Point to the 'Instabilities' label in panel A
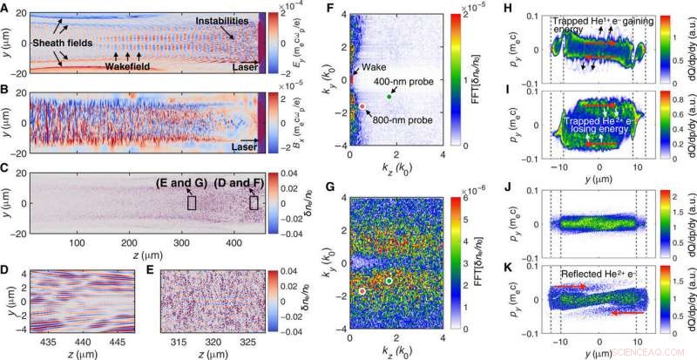[x=225, y=19]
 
